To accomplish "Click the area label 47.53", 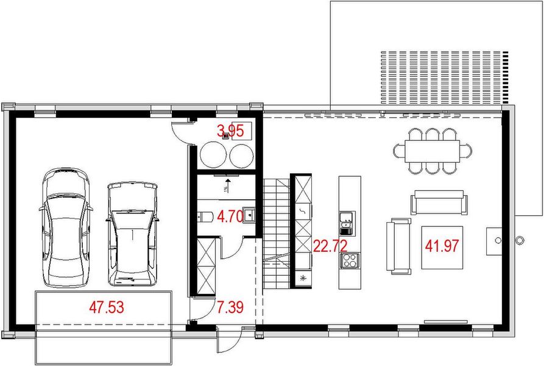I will tap(107, 306).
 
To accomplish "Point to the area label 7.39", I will tap(231, 307).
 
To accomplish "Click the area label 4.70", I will tap(231, 215).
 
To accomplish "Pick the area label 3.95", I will tap(231, 130).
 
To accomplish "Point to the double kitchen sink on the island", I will tap(347, 223).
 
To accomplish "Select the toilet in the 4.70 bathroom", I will tap(205, 215).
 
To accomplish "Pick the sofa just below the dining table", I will tap(438, 201).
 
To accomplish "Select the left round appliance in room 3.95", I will tap(213, 155).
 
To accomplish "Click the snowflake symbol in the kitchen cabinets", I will tap(303, 279).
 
